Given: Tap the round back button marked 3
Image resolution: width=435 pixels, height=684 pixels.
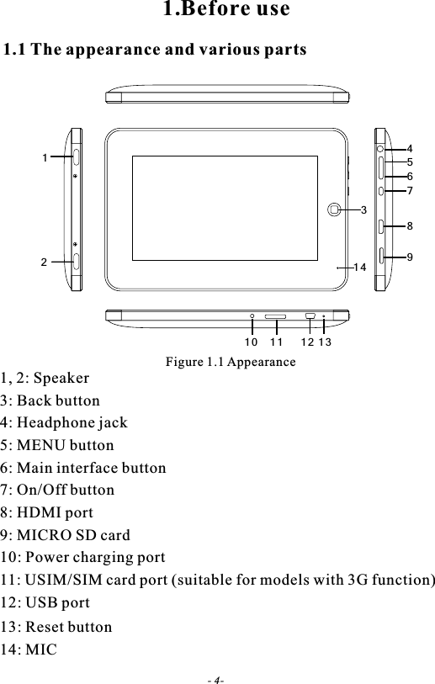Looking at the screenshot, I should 336,208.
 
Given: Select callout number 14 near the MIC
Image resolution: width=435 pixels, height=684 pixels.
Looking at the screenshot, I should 360,267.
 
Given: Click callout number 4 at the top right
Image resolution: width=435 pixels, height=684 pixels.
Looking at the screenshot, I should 410,149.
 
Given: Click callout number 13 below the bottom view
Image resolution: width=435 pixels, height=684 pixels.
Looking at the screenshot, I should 325,343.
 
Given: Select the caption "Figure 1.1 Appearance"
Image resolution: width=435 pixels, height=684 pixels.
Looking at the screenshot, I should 230,362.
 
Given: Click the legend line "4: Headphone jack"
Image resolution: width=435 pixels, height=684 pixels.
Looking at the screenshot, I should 65,423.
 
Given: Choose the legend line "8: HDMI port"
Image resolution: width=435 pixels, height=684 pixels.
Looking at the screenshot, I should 47,512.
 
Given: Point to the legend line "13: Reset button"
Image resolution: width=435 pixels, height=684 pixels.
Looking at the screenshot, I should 56,627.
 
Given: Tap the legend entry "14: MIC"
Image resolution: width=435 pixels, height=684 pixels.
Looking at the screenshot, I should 29,650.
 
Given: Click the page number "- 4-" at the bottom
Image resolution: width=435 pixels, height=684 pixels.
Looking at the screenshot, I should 216,678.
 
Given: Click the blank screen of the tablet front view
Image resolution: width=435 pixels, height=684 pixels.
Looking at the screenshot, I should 224,208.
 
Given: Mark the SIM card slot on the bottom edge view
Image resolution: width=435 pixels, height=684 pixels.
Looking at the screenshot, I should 275,316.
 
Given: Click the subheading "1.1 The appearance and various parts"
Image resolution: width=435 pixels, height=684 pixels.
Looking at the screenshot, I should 156,50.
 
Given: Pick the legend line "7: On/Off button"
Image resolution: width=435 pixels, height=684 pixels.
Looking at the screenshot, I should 58,490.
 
